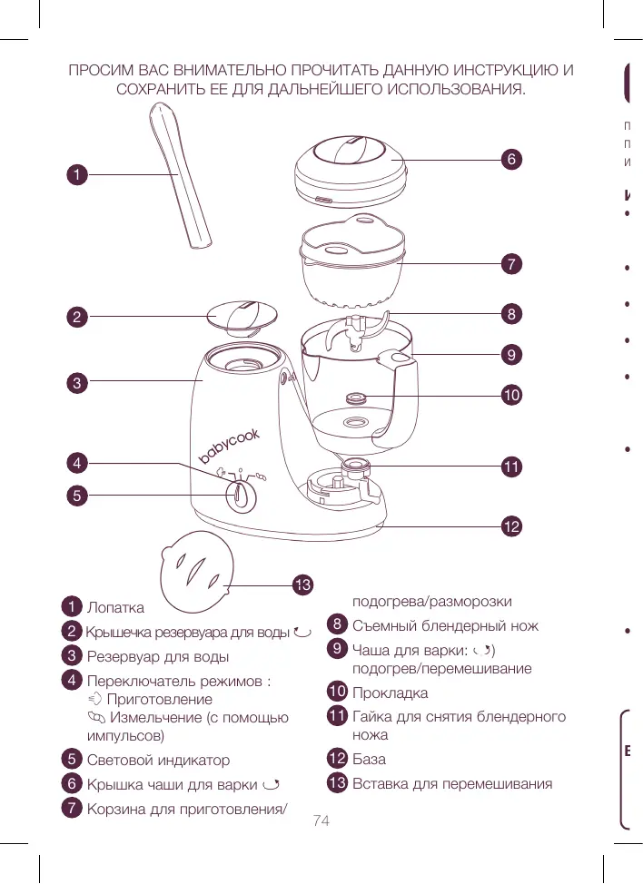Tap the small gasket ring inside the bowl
coord(356,398)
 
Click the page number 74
coord(321,821)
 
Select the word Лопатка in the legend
coord(115,606)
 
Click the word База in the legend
coord(369,759)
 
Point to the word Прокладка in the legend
coord(390,693)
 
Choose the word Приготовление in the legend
coord(159,700)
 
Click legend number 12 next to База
coord(337,759)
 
